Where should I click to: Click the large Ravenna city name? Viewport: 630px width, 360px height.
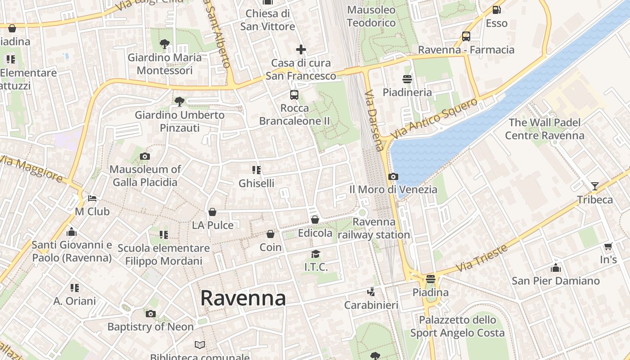click(243, 298)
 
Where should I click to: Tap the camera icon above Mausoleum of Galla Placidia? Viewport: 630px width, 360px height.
click(145, 157)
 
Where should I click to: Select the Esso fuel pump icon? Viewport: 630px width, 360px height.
click(496, 9)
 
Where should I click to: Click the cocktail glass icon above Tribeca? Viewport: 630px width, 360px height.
click(595, 186)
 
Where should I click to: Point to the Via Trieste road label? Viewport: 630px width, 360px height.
click(481, 258)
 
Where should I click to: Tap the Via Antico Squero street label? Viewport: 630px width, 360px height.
click(434, 118)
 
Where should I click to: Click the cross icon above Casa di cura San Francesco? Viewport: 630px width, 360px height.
click(301, 49)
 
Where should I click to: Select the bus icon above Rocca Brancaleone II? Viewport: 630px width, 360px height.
click(294, 95)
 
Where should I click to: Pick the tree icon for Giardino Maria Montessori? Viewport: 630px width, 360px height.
click(165, 44)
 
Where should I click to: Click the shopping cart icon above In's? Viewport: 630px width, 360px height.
click(608, 246)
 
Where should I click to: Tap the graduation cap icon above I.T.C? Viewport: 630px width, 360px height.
click(316, 254)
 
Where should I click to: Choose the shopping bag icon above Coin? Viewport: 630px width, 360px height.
click(270, 234)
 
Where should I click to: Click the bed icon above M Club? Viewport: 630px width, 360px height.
click(92, 198)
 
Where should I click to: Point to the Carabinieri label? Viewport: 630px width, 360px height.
click(371, 305)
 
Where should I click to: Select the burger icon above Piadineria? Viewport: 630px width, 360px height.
click(407, 79)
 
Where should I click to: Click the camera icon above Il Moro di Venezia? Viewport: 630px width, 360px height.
click(393, 176)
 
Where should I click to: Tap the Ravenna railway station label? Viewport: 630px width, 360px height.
click(374, 228)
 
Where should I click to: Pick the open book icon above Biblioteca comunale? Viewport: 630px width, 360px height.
click(200, 345)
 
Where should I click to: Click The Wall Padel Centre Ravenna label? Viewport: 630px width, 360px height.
click(544, 129)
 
